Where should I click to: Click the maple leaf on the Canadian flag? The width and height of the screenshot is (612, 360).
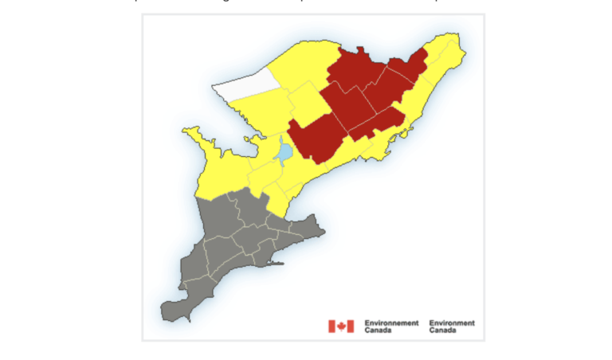point(341,326)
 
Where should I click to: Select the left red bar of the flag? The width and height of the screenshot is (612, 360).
point(331,326)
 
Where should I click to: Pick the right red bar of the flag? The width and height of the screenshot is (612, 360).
point(351,326)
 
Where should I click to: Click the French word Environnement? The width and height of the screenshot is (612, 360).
point(391,323)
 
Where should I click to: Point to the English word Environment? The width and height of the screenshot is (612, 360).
point(452,323)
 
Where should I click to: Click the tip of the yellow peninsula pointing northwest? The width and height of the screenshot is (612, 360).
point(186,130)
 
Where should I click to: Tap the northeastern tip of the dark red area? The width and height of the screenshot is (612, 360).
point(425,49)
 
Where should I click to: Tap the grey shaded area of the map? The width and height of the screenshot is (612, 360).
point(239,247)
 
